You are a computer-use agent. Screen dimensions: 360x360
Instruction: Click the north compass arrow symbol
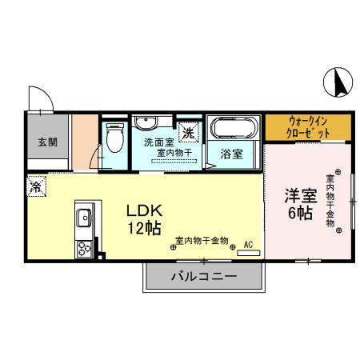338,82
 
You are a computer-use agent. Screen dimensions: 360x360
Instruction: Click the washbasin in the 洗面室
146,123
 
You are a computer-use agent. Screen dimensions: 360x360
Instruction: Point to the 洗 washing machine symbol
188,131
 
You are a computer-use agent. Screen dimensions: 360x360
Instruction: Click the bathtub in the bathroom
233,127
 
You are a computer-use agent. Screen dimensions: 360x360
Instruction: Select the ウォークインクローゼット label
308,127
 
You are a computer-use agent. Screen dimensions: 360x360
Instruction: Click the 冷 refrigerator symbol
37,187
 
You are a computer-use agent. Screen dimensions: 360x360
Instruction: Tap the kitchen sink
83,216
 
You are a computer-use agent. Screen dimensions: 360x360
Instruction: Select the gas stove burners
83,249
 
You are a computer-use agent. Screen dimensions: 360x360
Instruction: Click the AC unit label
248,243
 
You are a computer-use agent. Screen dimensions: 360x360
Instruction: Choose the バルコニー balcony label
203,277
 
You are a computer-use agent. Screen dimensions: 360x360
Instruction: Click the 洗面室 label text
158,142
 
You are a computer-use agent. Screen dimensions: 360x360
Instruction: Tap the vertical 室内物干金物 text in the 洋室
329,200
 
